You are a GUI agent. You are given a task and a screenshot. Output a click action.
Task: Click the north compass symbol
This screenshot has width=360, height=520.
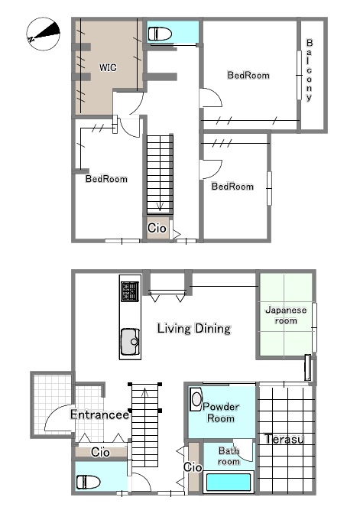click(43, 34)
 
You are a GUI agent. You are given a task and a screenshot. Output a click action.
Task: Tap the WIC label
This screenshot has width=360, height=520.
click(108, 67)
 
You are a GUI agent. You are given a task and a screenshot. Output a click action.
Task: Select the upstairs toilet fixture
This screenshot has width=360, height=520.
click(160, 34)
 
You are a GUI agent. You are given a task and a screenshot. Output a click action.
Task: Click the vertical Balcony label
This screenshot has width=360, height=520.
click(310, 70)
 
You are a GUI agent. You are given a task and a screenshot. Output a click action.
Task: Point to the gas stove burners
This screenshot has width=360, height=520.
click(130, 291)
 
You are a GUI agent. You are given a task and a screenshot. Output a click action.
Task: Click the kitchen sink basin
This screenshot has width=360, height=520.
click(130, 342)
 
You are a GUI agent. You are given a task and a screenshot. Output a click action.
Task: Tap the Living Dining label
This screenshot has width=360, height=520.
click(194, 328)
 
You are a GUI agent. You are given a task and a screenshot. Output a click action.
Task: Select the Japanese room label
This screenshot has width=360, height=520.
click(286, 315)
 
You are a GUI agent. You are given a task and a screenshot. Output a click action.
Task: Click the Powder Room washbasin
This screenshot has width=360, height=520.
click(196, 399)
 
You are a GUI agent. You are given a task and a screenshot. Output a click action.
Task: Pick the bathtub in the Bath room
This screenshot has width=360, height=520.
click(228, 482)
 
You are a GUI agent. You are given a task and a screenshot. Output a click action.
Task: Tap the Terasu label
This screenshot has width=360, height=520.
click(284, 439)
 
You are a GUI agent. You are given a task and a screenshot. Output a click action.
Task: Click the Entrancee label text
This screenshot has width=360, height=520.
click(99, 414)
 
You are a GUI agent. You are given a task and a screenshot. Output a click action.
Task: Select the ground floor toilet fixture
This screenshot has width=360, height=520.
click(88, 482)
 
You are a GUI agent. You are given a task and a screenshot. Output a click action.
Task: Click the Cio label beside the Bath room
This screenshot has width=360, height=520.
click(193, 467)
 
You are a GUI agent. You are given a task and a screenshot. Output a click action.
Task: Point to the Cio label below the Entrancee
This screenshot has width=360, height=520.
click(100, 452)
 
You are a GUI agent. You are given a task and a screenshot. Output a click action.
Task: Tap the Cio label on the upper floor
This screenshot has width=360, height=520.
click(157, 228)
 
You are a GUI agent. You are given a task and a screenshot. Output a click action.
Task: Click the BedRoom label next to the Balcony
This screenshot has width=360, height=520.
click(248, 75)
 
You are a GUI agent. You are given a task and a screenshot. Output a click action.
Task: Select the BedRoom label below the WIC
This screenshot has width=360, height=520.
click(106, 179)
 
